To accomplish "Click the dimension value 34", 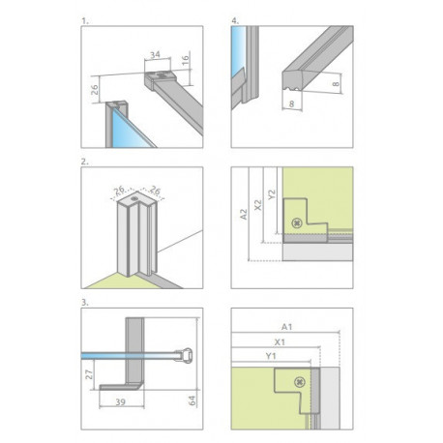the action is (155, 55).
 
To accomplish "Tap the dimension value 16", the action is (185, 60).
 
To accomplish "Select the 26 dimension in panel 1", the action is (94, 89).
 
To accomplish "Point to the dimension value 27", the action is (89, 374).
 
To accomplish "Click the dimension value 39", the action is (120, 401).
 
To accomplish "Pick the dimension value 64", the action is (192, 400).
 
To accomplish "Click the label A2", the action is (244, 215).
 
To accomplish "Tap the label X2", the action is (258, 205).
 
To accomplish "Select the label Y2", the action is (272, 194).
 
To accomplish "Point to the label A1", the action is (286, 327).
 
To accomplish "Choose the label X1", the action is (280, 341).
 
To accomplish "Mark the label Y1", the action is (271, 356).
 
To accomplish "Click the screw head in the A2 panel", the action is (297, 222).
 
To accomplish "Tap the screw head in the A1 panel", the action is (300, 382).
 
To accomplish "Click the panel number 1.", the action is (85, 21).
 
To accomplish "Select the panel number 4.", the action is (235, 21).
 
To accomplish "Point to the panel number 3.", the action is (85, 303).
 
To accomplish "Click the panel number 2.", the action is (85, 162).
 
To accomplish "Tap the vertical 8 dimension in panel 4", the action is (336, 84).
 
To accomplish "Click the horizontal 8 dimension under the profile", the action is (292, 103).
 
